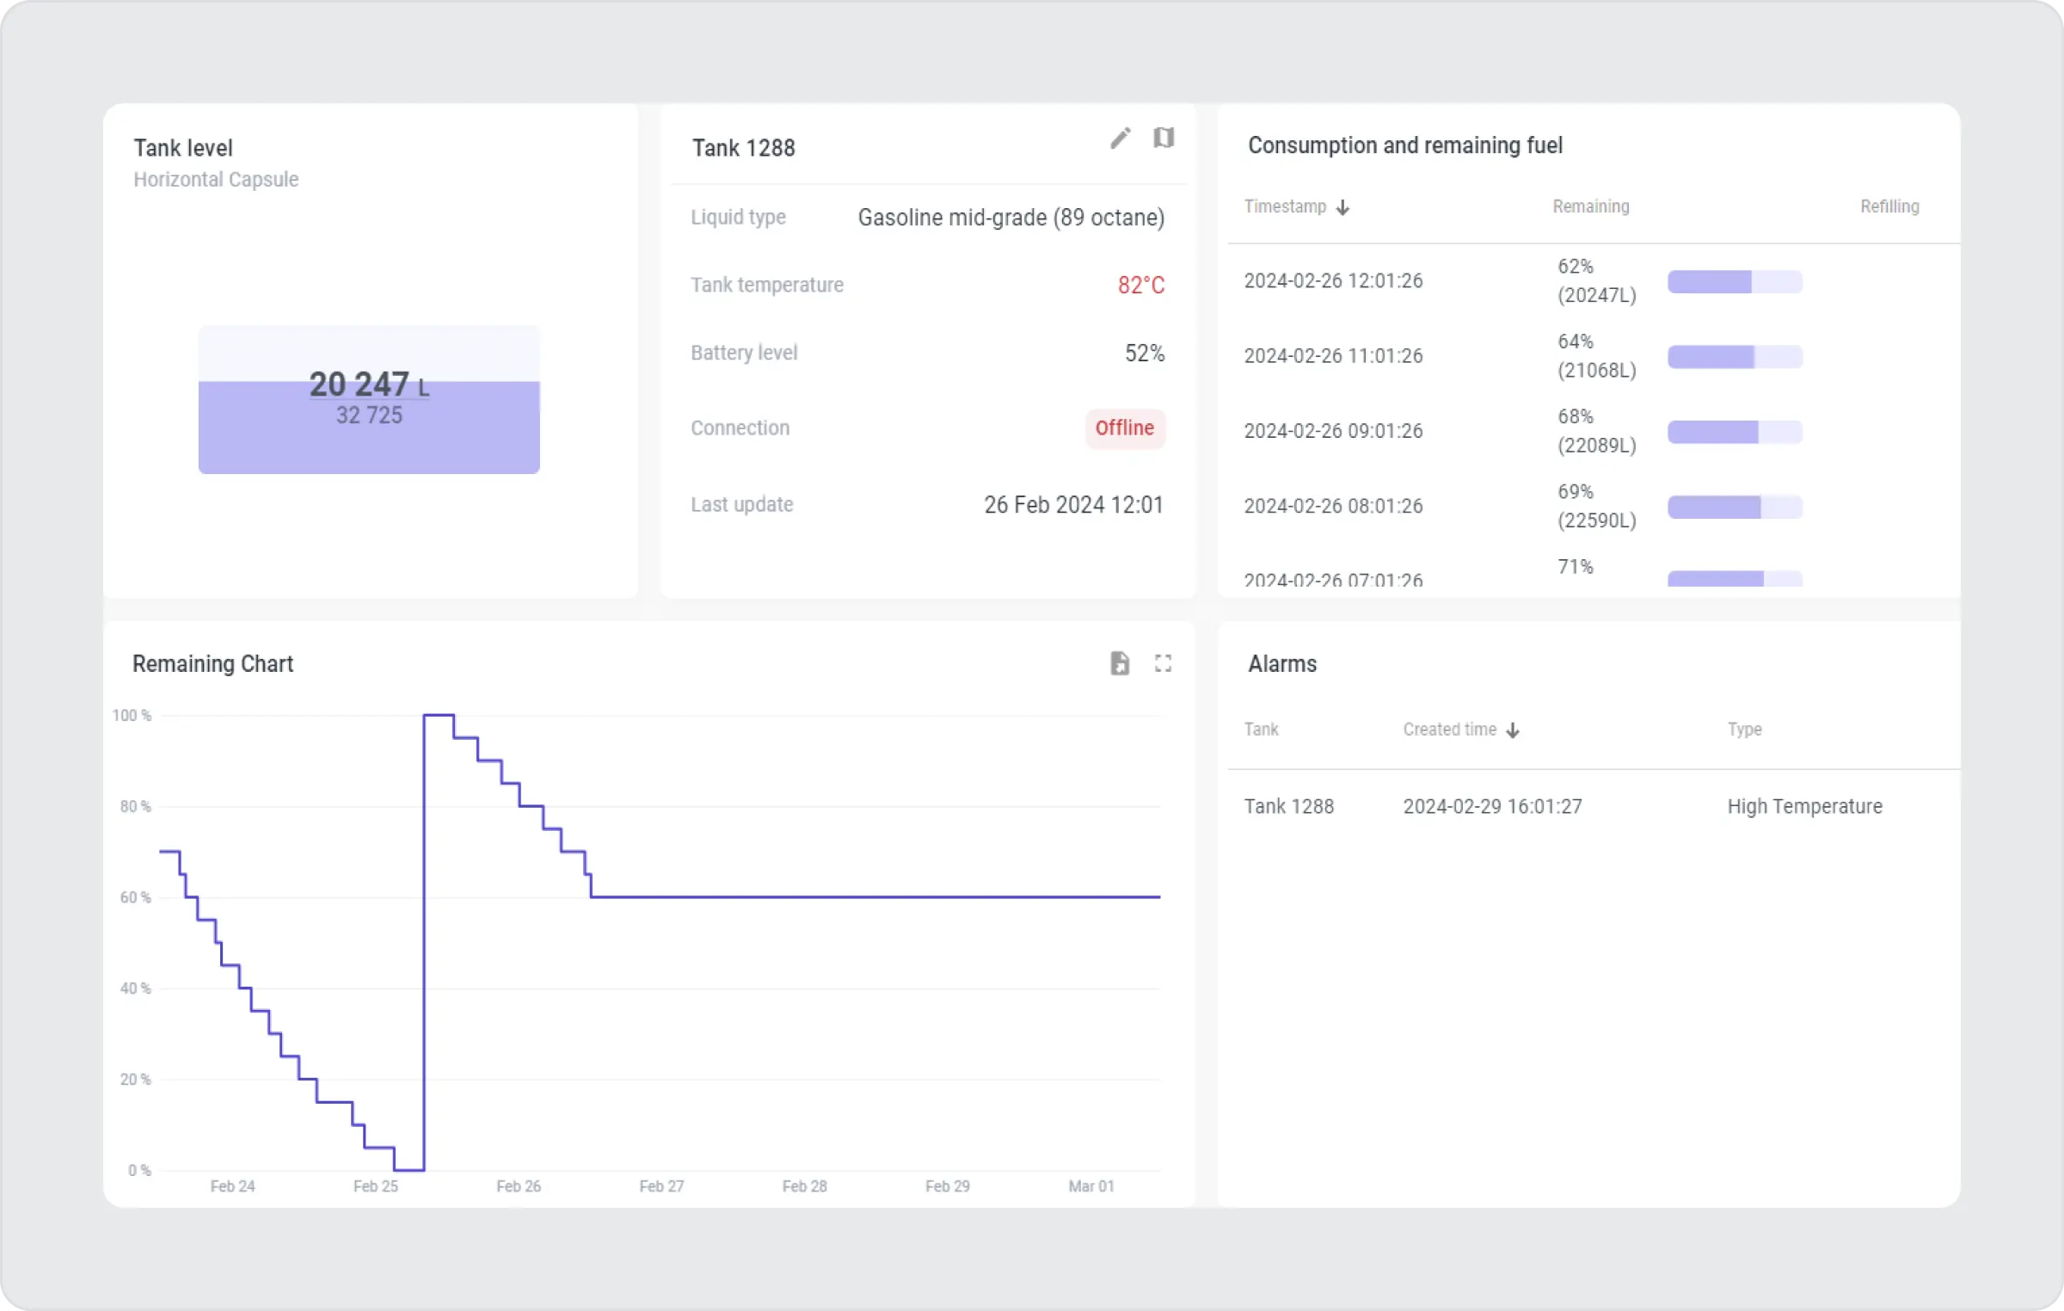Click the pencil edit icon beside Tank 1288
1120,138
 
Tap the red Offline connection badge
1124,428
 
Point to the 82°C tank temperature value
1140,286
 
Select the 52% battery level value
1144,354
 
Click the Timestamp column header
1285,207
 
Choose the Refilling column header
1889,207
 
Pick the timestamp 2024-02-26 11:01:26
1332,356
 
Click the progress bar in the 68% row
1734,432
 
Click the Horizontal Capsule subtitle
216,180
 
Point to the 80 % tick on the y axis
135,807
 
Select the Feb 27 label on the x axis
660,1186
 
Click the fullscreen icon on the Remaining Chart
1163,663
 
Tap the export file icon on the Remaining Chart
1119,663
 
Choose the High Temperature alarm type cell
1804,807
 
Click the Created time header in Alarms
1450,730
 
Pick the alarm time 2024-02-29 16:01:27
1492,807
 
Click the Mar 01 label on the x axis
1090,1186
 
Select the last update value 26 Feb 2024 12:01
1072,505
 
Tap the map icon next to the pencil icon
1163,138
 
